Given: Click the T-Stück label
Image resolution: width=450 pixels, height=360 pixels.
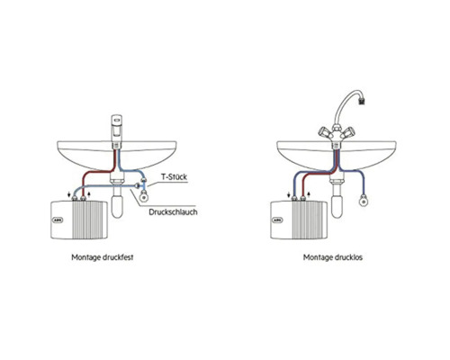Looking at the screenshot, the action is [x=174, y=176].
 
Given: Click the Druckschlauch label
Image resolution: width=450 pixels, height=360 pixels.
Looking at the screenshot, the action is [x=173, y=211].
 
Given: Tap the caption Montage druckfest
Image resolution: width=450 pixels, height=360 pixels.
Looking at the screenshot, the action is [x=103, y=257].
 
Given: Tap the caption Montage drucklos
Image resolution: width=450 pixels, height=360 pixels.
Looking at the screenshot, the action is [x=333, y=257].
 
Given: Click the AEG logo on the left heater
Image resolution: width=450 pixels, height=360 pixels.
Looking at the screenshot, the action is [x=58, y=220].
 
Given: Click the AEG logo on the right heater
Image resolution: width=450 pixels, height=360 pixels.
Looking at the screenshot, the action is [x=277, y=220].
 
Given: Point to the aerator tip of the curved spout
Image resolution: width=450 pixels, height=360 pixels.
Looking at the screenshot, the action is [x=363, y=101].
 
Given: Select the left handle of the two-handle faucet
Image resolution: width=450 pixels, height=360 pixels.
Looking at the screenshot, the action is [x=323, y=132].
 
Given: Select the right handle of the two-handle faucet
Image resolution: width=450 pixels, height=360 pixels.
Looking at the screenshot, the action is [x=349, y=132].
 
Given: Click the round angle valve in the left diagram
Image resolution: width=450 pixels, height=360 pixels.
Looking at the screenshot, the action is [x=144, y=197].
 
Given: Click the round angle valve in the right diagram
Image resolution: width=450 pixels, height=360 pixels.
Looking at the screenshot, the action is [x=364, y=201].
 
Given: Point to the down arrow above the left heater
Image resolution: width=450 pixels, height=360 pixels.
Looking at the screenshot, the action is [x=69, y=194].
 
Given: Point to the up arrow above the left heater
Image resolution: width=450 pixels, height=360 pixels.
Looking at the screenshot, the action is [x=89, y=194].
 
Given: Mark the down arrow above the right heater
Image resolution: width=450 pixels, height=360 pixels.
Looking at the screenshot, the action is [x=289, y=194].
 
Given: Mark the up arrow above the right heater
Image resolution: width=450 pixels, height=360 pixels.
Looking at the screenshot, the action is [x=309, y=194].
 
